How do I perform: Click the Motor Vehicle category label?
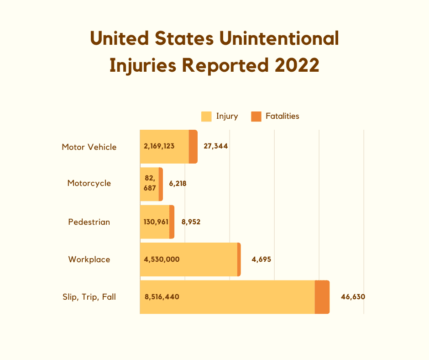click(x=89, y=147)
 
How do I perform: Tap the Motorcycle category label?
click(x=89, y=183)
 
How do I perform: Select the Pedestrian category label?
click(x=89, y=222)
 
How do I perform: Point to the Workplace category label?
click(x=89, y=259)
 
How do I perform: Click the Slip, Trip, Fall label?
click(x=89, y=297)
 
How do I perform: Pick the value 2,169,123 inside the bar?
click(x=159, y=147)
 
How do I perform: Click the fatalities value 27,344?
click(x=215, y=147)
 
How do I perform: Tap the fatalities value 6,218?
click(x=178, y=184)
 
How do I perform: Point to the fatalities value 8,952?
click(x=191, y=222)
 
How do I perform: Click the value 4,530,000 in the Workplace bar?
click(x=162, y=259)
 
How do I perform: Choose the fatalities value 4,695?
click(x=262, y=259)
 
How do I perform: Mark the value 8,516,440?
click(x=162, y=297)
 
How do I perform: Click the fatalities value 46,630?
click(x=353, y=297)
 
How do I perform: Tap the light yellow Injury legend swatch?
click(x=206, y=116)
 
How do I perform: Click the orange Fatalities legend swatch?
click(x=256, y=116)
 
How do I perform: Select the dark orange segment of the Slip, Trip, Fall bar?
click(x=322, y=297)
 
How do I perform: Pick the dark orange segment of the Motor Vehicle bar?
click(x=193, y=147)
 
